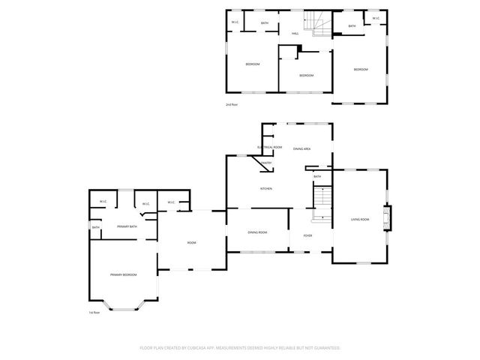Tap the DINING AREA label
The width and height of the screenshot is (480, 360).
tap(302, 149)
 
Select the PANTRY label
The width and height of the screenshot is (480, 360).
tap(266, 163)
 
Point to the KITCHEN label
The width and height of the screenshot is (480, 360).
tap(265, 188)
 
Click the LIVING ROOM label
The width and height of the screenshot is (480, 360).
tap(360, 220)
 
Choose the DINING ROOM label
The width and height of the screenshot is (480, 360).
tap(257, 232)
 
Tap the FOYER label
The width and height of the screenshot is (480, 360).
tap(307, 235)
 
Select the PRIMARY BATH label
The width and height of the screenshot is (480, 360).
tap(127, 226)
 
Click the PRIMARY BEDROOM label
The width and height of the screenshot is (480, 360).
tap(124, 275)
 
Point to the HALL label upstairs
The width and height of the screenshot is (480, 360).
tap(295, 34)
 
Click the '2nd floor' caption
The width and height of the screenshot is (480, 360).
tap(232, 105)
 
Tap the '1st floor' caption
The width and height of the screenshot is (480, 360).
tap(94, 313)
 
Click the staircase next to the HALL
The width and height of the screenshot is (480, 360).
tap(320, 25)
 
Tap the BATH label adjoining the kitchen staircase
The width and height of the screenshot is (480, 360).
tap(317, 176)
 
